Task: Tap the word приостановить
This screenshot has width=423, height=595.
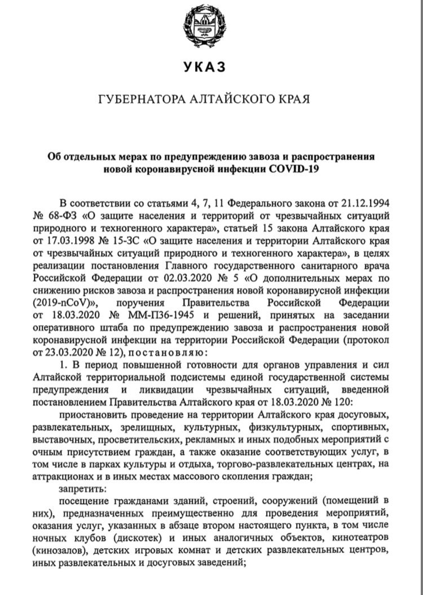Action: (94, 415)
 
